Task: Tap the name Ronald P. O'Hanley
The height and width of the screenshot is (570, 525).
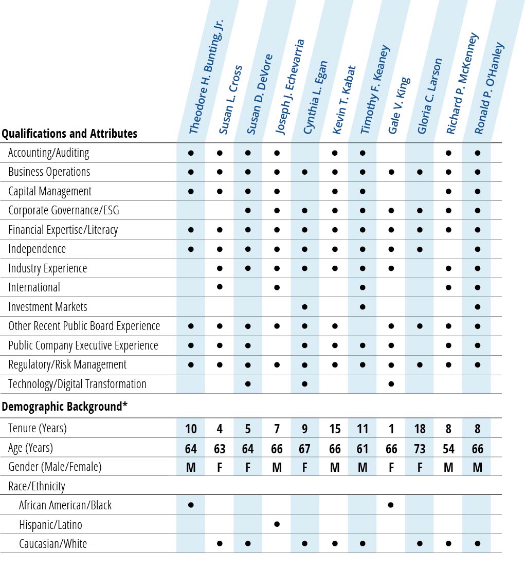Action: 488,88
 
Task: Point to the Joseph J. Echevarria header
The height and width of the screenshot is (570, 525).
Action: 290,87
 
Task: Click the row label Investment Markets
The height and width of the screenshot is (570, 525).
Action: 48,307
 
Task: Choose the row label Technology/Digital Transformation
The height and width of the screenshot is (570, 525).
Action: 77,384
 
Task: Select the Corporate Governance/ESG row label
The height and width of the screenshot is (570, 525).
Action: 64,210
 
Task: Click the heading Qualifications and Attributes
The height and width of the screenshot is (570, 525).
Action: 69,134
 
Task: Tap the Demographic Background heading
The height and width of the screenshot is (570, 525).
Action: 64,407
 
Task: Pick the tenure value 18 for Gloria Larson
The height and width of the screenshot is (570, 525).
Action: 420,429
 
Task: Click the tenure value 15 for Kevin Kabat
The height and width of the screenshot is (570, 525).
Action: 335,429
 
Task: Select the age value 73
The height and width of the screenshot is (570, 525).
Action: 420,449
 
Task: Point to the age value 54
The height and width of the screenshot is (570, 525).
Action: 449,449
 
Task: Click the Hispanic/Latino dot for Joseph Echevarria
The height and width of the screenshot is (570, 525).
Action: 277,524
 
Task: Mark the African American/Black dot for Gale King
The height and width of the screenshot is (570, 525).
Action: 391,505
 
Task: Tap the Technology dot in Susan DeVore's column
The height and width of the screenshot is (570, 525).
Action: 248,383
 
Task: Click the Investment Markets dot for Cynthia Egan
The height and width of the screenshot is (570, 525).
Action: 304,307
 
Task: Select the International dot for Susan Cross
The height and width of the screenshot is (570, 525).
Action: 220,287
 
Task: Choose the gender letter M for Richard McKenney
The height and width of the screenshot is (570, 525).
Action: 449,468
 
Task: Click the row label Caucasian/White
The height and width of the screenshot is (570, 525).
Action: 53,544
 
